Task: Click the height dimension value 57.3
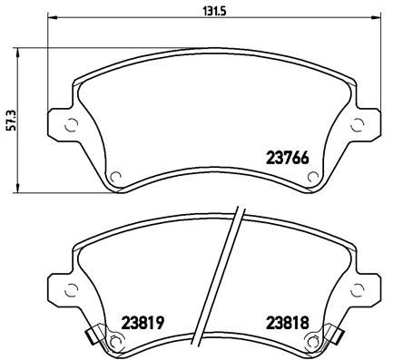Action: (x=10, y=119)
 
